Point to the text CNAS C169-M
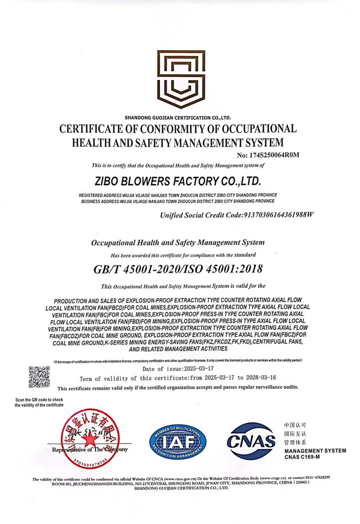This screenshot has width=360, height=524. click(302, 457)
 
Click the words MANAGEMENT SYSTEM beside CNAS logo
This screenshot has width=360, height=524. click(315, 451)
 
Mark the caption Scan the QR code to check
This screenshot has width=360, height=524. click(39, 400)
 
